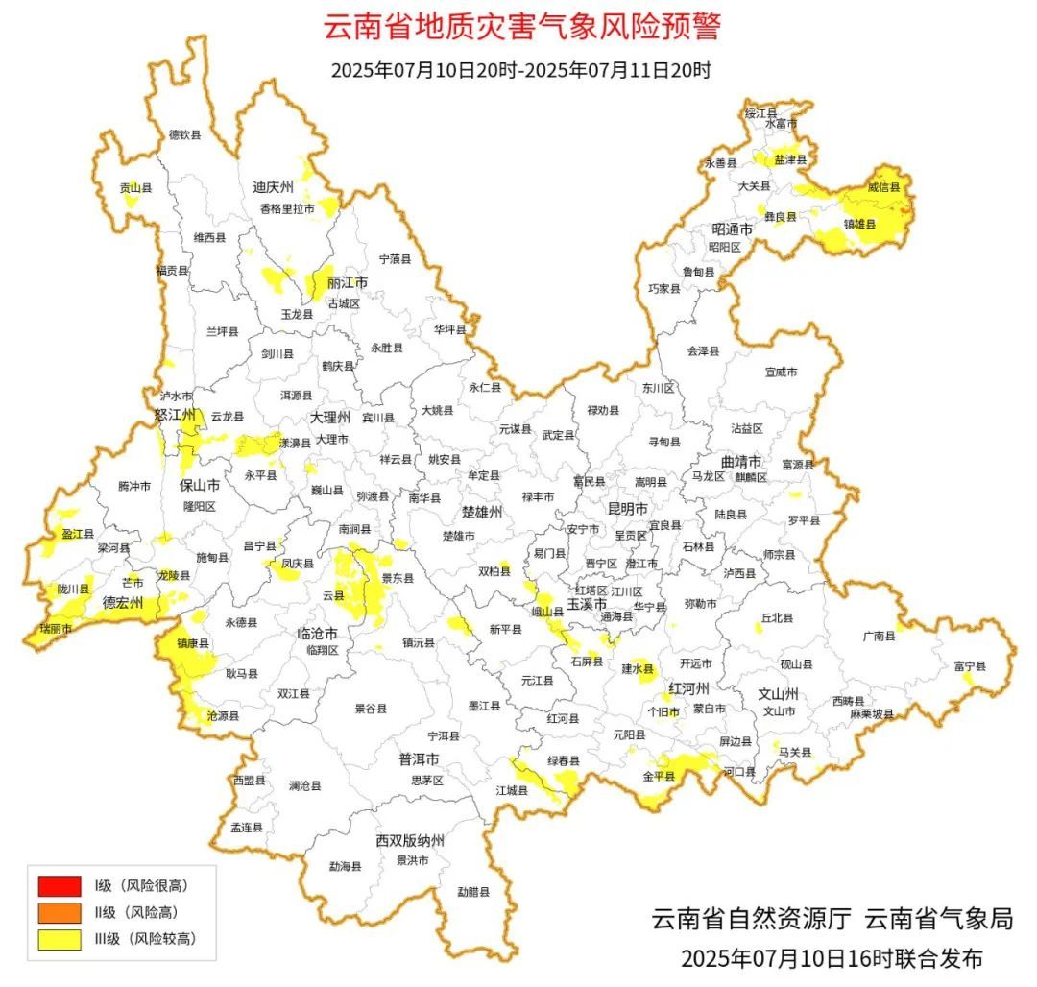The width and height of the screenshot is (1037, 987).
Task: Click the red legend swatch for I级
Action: click(x=59, y=885)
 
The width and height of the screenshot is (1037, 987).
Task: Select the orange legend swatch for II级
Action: click(x=59, y=912)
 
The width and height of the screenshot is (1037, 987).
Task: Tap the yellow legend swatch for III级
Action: click(x=59, y=939)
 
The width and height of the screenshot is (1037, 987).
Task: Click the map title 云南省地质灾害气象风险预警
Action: click(x=520, y=27)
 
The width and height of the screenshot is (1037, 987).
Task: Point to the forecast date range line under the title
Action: click(x=520, y=70)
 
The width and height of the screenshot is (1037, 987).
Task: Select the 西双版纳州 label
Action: click(x=410, y=841)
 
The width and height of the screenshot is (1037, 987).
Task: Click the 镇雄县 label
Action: click(x=859, y=224)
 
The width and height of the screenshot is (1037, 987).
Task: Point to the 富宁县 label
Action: click(x=969, y=665)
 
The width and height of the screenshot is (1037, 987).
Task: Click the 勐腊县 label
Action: click(x=473, y=891)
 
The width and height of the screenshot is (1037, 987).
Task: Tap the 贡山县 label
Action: click(x=135, y=189)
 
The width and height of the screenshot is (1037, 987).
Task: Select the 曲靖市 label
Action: click(x=741, y=461)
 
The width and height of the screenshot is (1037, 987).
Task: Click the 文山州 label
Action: click(x=779, y=693)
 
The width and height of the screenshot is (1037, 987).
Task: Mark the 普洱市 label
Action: click(x=420, y=759)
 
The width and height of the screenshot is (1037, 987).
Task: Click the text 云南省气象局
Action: click(x=938, y=919)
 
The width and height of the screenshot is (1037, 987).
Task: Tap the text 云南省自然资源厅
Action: click(x=752, y=919)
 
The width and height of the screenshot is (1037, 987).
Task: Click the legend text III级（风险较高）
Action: click(x=144, y=939)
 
